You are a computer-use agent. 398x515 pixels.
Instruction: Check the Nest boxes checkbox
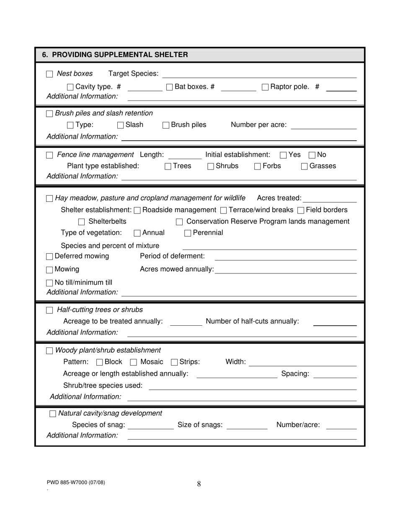tap(49, 74)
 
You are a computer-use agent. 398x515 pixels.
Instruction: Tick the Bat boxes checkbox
tap(170, 87)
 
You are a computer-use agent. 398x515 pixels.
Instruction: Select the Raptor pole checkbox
tap(265, 87)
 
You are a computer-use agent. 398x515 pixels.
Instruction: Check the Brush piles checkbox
tap(166, 125)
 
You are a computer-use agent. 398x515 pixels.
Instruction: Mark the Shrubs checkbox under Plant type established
tap(211, 167)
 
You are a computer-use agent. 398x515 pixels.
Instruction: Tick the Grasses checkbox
tap(305, 167)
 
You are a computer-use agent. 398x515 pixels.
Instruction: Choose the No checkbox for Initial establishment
tap(312, 155)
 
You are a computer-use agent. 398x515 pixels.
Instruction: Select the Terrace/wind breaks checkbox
tap(223, 210)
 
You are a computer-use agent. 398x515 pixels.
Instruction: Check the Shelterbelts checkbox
tap(82, 222)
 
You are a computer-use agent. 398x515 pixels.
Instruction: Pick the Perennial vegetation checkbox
tap(188, 233)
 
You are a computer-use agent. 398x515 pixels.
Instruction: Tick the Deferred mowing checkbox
tap(49, 256)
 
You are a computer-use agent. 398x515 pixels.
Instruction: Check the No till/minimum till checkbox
tap(49, 283)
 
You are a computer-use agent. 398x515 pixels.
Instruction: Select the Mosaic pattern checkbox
tap(134, 362)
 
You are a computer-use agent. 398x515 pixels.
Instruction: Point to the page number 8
tap(199, 484)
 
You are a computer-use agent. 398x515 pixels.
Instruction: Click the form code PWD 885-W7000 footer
tap(76, 482)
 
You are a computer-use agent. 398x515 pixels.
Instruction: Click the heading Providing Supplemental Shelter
tap(115, 55)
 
